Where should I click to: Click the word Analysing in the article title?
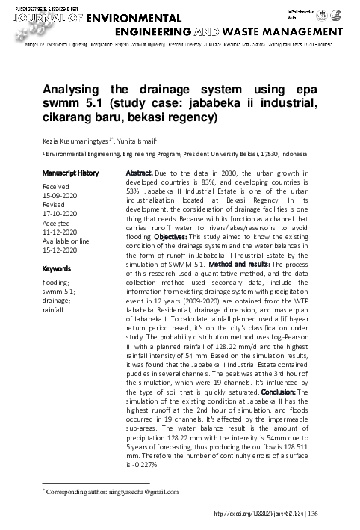tap(78, 89)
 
